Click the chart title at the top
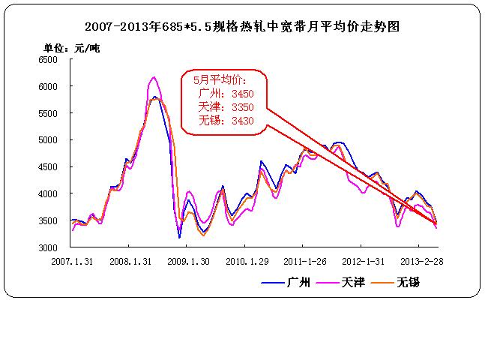242,25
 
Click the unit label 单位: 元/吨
72,49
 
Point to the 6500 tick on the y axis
47,60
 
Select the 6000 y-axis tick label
47,87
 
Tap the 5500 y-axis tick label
47,113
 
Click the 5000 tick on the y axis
47,140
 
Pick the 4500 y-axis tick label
47,167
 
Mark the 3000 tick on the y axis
47,247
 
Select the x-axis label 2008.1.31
130,262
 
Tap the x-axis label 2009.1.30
189,262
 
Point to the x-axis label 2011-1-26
306,262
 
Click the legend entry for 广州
286,282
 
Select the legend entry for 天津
345,282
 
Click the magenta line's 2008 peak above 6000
154,77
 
